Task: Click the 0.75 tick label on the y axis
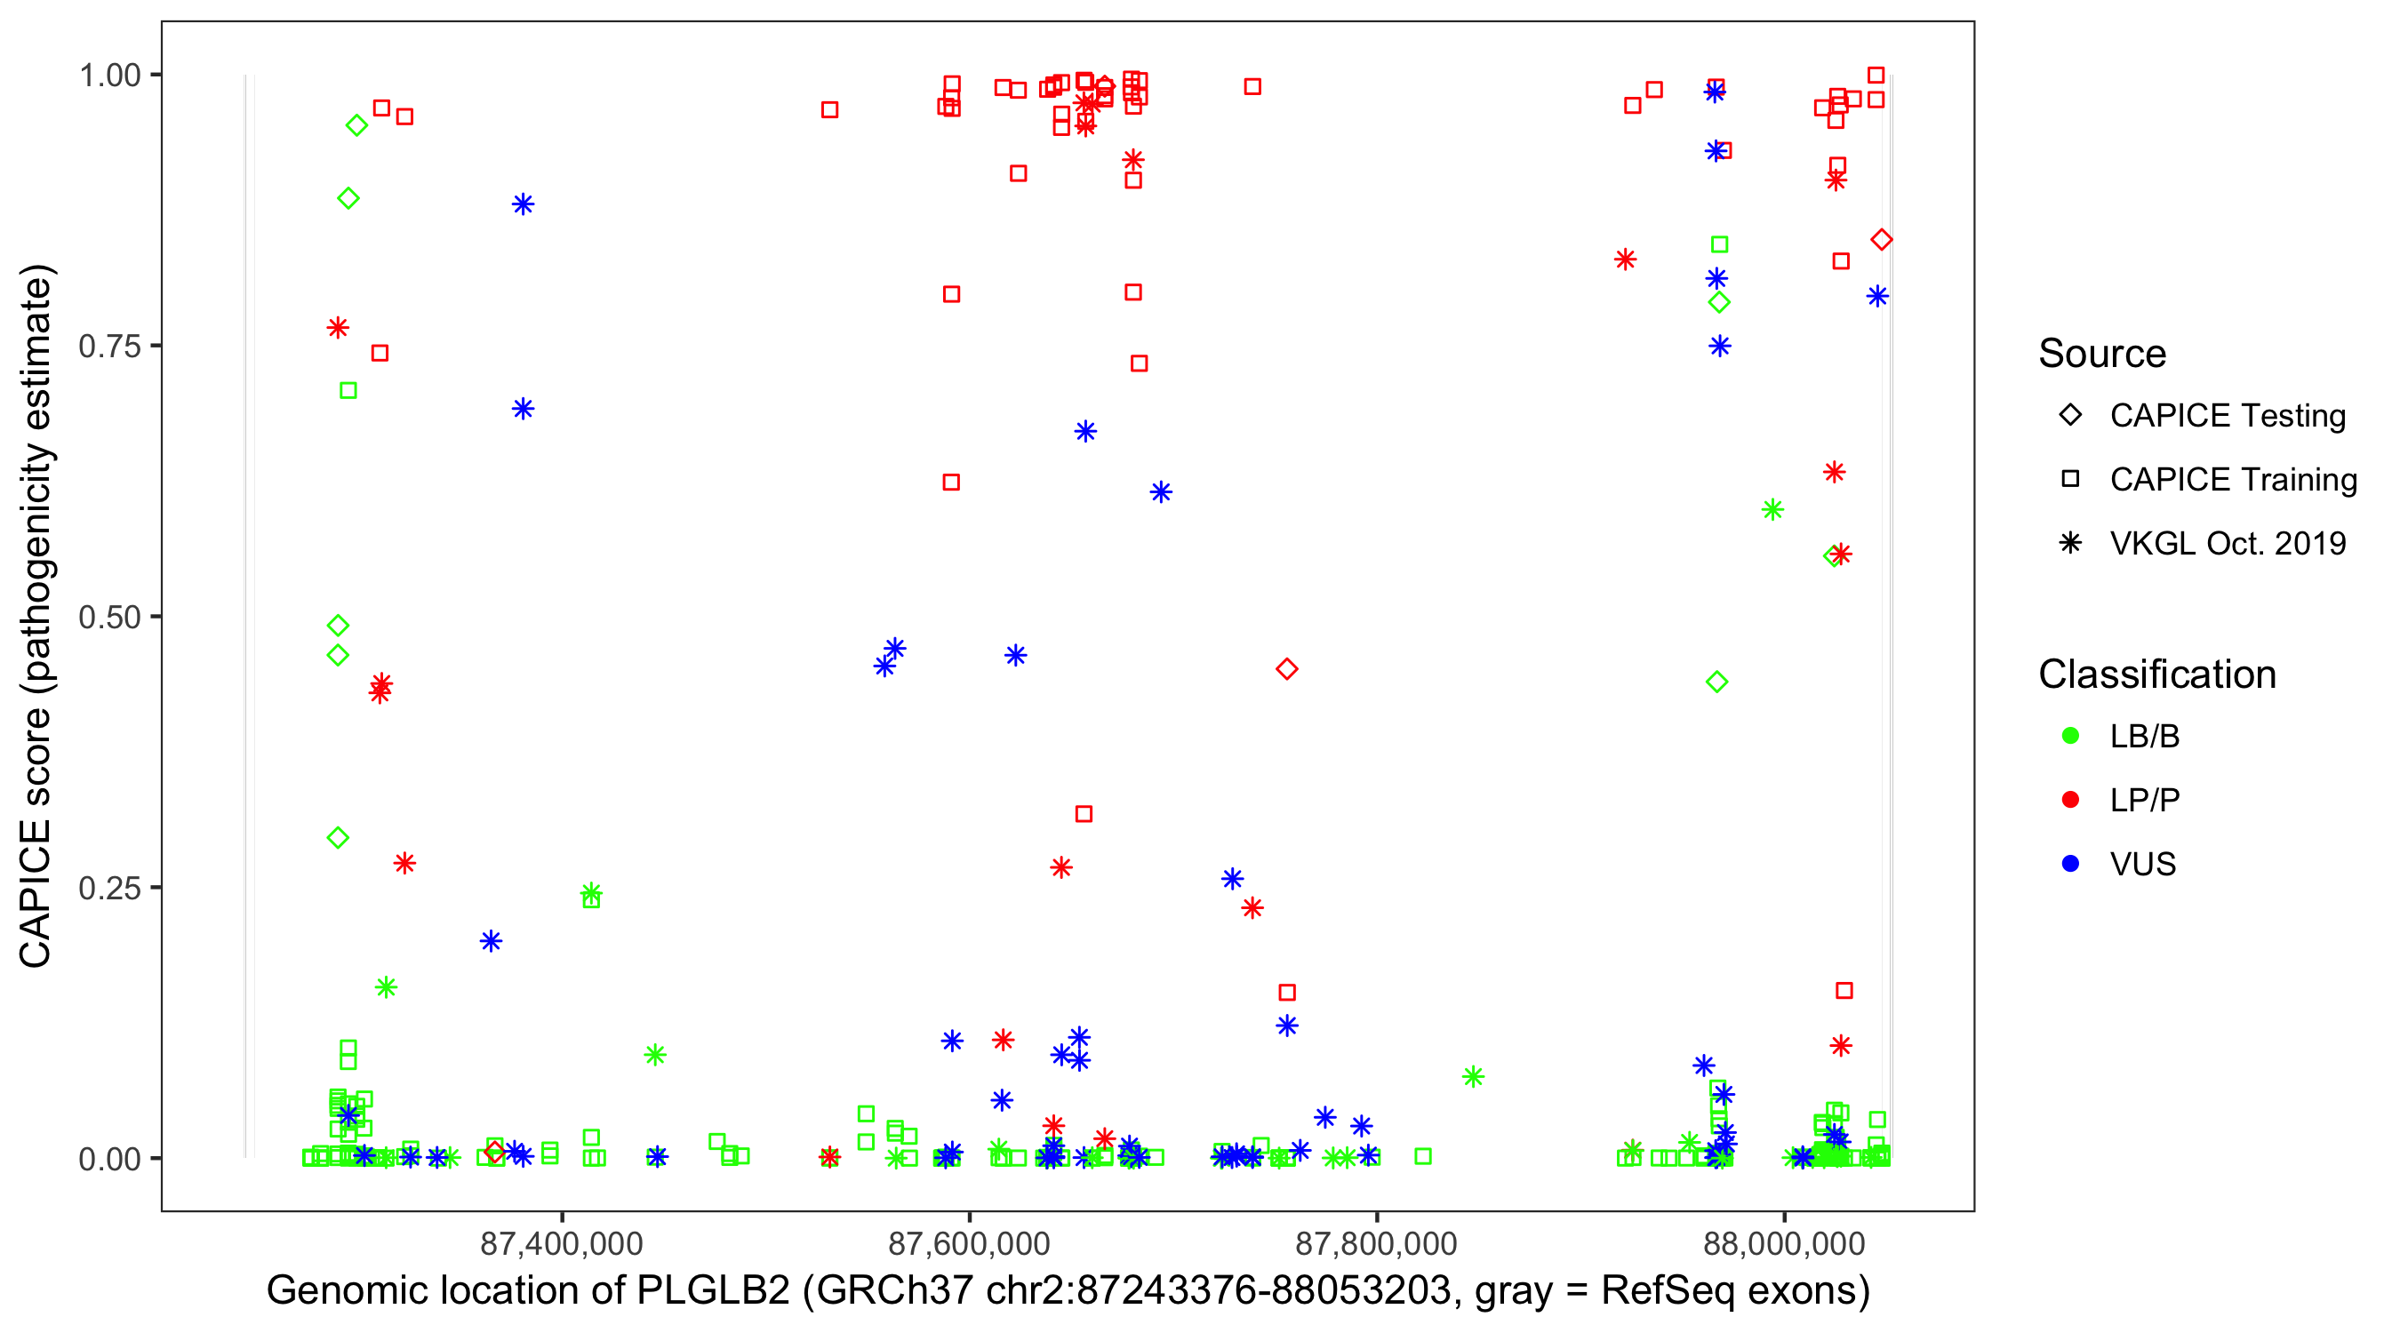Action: click(108, 347)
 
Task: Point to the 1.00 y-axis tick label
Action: click(108, 76)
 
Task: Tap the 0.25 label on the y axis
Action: click(108, 888)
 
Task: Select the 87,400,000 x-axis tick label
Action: click(562, 1243)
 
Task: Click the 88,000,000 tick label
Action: click(1784, 1243)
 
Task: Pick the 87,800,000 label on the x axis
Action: click(1376, 1243)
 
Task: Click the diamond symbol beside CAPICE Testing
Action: click(2070, 416)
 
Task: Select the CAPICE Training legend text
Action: click(2233, 480)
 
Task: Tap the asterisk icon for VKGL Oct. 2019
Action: click(2070, 543)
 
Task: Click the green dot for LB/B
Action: click(2070, 736)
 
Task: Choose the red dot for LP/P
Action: click(2070, 800)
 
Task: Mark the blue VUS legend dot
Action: click(2070, 864)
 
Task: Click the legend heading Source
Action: click(2102, 354)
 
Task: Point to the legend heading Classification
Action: click(2156, 674)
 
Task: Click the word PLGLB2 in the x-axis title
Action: click(713, 1291)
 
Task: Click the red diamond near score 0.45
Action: click(1286, 669)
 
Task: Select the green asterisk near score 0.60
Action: click(1772, 509)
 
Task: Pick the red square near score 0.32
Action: click(1084, 814)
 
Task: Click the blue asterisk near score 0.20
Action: click(491, 941)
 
